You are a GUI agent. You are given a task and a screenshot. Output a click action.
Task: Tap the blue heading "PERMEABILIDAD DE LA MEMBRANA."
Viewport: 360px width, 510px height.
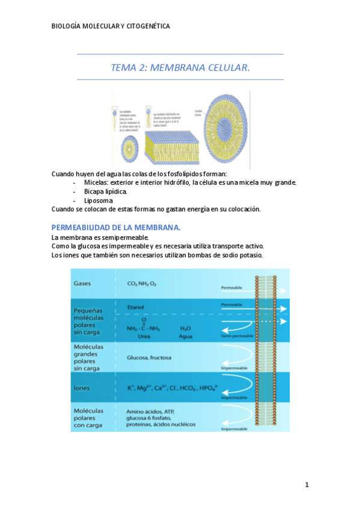coord(116,227)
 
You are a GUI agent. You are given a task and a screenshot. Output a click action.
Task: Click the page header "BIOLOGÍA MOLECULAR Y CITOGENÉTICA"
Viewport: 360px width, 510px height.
coord(111,26)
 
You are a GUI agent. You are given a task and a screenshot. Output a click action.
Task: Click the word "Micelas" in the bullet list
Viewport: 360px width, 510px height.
coord(95,182)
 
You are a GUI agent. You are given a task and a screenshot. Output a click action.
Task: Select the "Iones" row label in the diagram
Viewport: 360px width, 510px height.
coord(82,389)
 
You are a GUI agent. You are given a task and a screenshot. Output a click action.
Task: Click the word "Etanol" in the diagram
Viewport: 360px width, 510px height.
coord(135,307)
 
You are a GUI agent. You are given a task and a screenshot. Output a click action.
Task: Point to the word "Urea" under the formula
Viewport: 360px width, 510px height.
coord(144,337)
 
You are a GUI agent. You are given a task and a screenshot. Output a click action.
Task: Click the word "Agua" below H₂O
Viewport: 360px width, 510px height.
coord(186,337)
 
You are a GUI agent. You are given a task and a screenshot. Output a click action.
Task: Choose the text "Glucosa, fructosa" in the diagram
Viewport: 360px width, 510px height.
coord(149,357)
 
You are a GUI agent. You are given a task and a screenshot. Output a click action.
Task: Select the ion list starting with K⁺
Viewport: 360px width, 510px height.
coord(172,388)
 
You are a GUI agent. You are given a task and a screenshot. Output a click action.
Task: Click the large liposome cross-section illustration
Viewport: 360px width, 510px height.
coord(229,130)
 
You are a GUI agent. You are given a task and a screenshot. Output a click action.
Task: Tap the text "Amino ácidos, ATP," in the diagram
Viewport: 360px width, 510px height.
coord(150,411)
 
